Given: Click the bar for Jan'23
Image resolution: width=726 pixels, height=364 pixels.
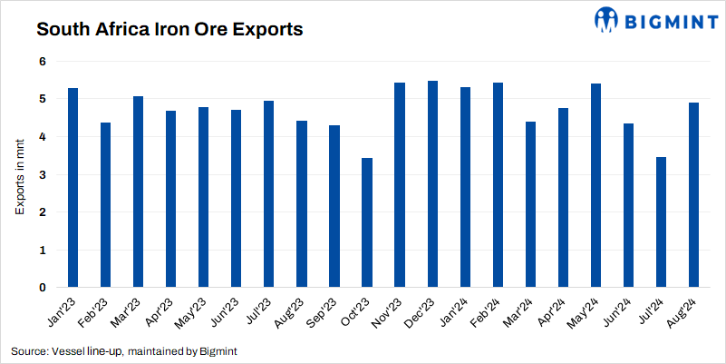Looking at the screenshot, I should point(73,188).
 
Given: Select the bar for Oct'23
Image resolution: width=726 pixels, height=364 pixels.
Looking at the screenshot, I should point(366,223).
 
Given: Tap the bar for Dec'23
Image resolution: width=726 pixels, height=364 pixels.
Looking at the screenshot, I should point(432,184).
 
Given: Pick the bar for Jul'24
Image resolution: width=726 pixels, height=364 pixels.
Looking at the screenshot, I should point(661,223).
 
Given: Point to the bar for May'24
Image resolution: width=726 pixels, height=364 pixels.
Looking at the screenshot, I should point(595,185).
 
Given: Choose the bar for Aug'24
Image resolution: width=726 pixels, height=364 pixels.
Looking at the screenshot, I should point(693,195).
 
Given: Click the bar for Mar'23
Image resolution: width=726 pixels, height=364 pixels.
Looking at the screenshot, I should point(138,192).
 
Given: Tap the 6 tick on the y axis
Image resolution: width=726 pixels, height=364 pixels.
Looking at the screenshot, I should point(41,61).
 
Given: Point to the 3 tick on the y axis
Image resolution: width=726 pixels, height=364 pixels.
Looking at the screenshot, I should point(41,174).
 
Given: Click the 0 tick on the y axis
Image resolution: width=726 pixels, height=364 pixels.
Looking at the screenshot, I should point(41,288).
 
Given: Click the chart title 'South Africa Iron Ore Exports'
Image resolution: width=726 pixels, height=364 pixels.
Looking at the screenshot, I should point(169,29).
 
